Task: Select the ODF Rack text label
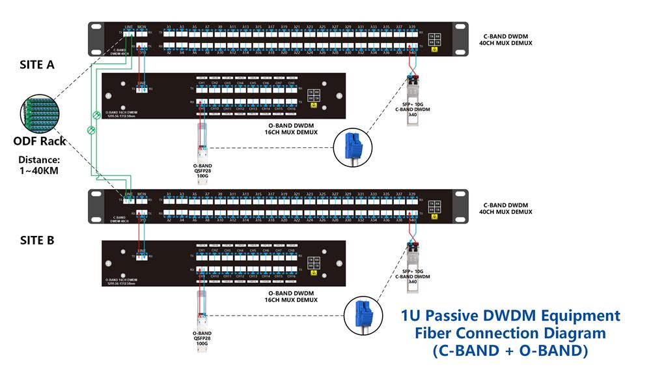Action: pos(40,141)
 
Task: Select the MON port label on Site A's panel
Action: pos(142,27)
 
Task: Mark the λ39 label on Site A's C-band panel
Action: pos(412,27)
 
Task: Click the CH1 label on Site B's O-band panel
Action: pos(202,250)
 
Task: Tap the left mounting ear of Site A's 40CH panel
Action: pos(96,39)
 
